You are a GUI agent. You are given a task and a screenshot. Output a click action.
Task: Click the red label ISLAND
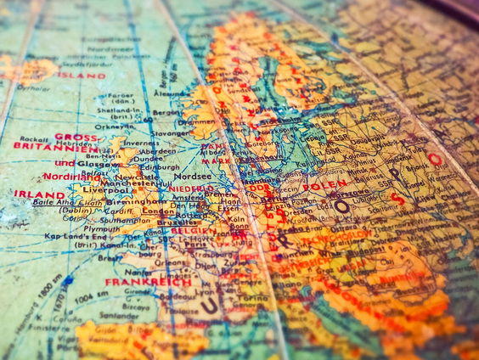click(83, 76)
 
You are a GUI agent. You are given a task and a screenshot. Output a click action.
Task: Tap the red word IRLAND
click(39, 194)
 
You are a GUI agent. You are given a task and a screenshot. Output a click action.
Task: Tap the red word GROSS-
click(76, 136)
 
